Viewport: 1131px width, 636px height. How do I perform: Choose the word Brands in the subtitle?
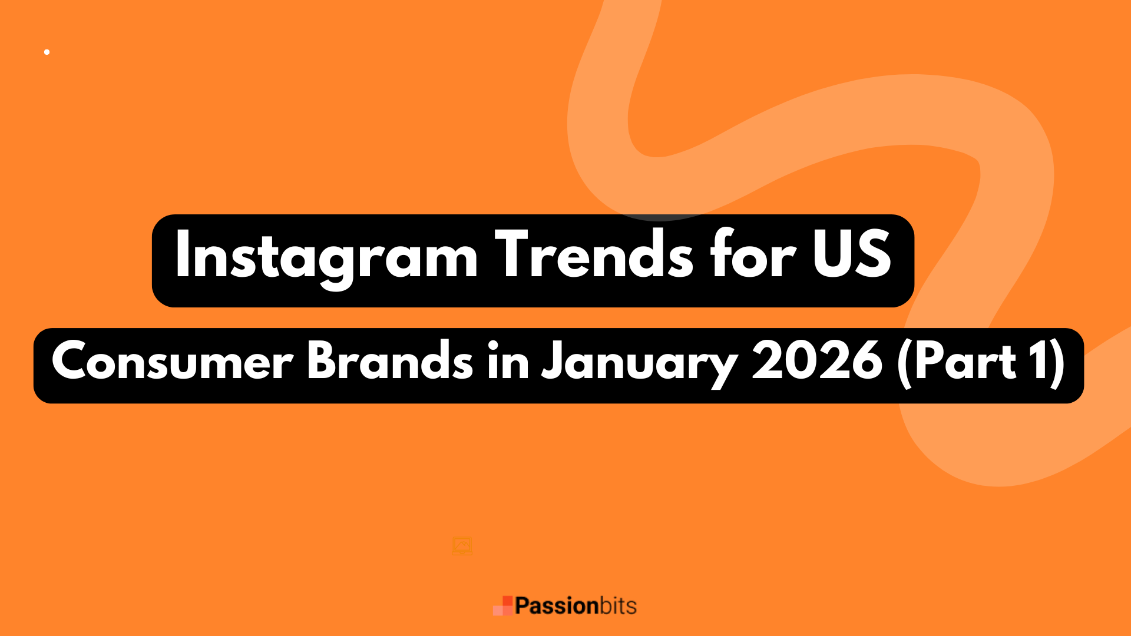(x=389, y=360)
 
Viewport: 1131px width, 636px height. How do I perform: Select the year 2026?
(x=817, y=360)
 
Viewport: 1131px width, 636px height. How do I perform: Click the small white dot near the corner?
(x=47, y=52)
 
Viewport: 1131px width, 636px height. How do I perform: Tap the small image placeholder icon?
(x=462, y=546)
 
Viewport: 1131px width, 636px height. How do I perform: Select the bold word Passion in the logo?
(x=556, y=606)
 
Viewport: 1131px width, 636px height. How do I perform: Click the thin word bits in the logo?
(x=618, y=606)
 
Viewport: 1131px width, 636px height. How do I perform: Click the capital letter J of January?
(x=551, y=360)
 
